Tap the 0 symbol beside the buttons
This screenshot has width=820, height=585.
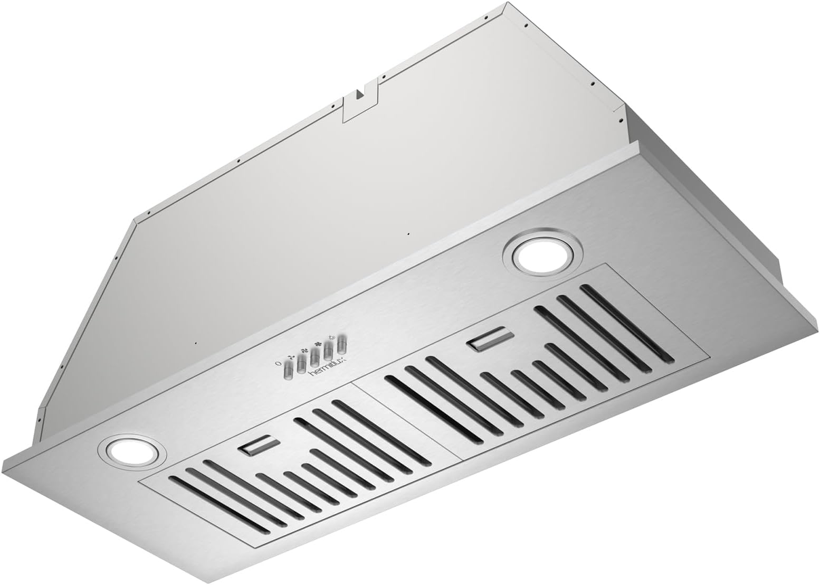(x=278, y=363)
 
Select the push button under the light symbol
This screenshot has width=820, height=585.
(x=342, y=344)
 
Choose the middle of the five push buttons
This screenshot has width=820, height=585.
(x=315, y=357)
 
